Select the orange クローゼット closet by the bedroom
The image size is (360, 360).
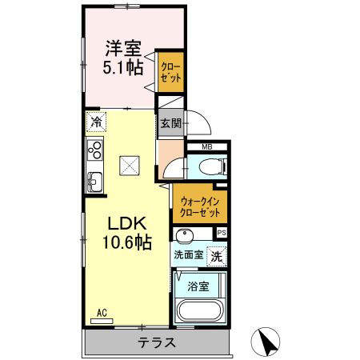(x=170, y=70)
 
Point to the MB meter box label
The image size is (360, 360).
(x=206, y=146)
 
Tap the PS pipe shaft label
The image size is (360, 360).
(x=222, y=233)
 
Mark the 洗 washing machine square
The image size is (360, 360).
(x=216, y=257)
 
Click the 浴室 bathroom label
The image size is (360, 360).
(x=198, y=285)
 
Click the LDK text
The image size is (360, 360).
(x=122, y=222)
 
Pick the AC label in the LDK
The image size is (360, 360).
(x=102, y=313)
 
